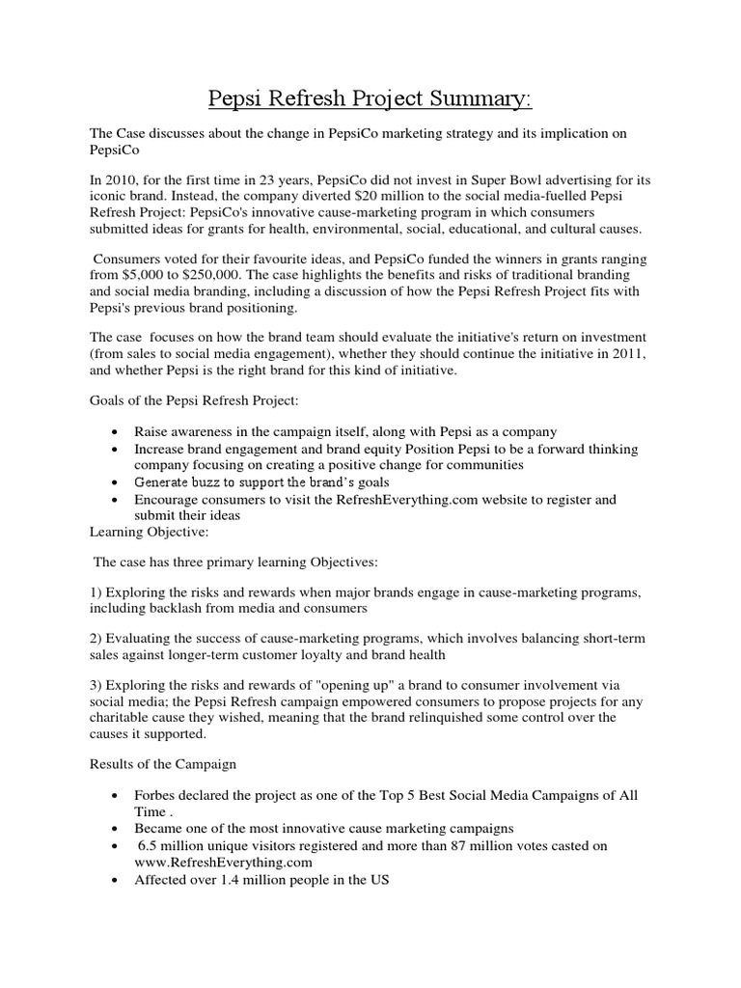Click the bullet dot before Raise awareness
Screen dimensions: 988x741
[116, 431]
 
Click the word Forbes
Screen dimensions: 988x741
[159, 794]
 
